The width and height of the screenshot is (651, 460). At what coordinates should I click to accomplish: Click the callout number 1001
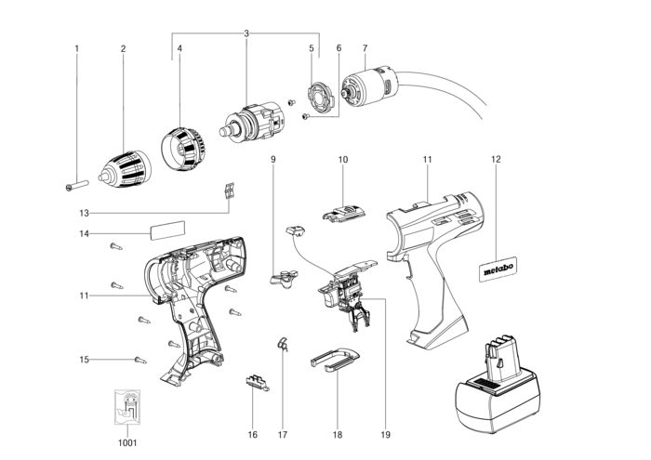click(127, 443)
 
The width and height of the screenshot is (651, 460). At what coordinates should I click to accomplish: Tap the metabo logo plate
click(498, 269)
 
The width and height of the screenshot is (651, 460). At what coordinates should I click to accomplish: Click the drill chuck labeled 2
click(125, 169)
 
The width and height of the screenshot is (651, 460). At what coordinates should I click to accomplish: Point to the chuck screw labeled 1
click(77, 185)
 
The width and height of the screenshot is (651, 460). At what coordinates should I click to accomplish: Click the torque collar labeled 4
click(183, 149)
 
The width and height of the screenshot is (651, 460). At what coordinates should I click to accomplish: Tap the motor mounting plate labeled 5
click(321, 97)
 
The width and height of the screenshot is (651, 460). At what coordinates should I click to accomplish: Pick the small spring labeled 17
click(283, 344)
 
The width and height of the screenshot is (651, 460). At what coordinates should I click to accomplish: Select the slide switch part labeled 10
click(344, 213)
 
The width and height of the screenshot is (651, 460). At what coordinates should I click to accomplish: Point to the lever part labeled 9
click(284, 278)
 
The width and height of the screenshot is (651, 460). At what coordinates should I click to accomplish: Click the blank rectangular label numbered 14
click(167, 230)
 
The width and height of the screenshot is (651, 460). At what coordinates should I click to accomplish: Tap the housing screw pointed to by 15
click(140, 360)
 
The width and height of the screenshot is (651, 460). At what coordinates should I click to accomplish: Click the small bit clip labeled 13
click(229, 191)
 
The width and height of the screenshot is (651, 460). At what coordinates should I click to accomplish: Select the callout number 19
click(385, 435)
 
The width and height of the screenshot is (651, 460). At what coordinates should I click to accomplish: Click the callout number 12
click(496, 159)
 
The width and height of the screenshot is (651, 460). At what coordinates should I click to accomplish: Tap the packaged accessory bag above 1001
click(127, 407)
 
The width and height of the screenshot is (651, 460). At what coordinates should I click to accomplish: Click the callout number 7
click(365, 48)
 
